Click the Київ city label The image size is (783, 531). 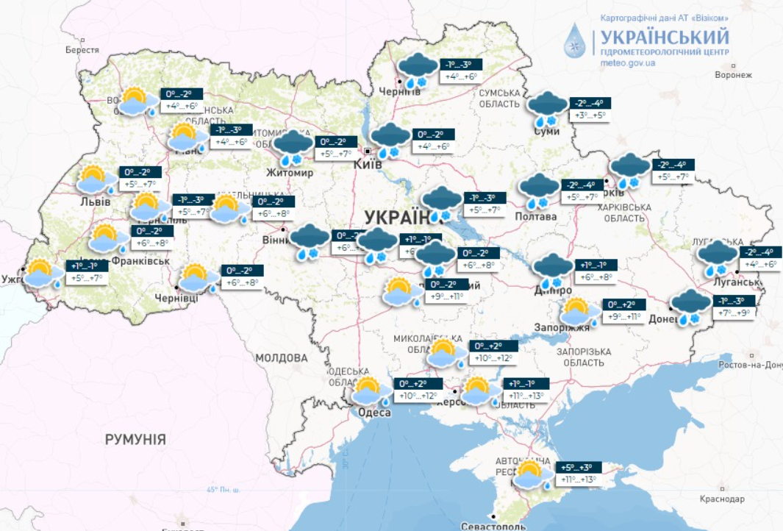point(368,165)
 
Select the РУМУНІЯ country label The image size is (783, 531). point(135,440)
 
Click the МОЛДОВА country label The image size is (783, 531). point(281,358)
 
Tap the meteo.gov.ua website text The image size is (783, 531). point(627,64)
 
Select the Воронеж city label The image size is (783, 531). point(733,75)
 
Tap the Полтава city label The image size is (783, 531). point(534,216)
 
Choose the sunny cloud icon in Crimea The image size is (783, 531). point(533,474)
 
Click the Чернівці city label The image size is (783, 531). point(176,298)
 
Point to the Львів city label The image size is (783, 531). point(96,202)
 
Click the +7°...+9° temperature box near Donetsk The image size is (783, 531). point(734,313)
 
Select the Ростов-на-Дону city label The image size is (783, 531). point(751,365)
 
